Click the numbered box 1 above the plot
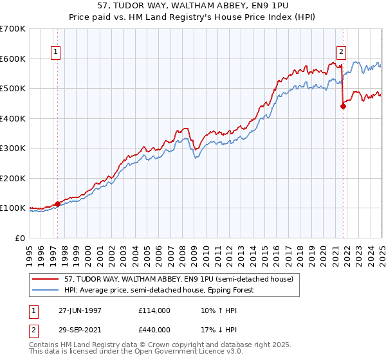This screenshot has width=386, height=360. pyautogui.click(x=56, y=53)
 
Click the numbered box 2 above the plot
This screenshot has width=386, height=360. pyautogui.click(x=341, y=53)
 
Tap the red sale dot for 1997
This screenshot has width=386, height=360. pyautogui.click(x=58, y=204)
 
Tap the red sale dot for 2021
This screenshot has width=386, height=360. pyautogui.click(x=343, y=107)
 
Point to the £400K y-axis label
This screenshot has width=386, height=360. pyautogui.click(x=13, y=118)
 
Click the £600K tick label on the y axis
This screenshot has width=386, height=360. pyautogui.click(x=13, y=59)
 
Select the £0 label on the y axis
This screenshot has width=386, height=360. pyautogui.click(x=21, y=238)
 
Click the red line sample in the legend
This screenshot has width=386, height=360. pyautogui.click(x=47, y=279)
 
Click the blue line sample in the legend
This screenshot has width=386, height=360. pyautogui.click(x=47, y=290)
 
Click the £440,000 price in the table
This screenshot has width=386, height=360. pyautogui.click(x=154, y=328)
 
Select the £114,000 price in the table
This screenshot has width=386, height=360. pyautogui.click(x=154, y=310)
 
